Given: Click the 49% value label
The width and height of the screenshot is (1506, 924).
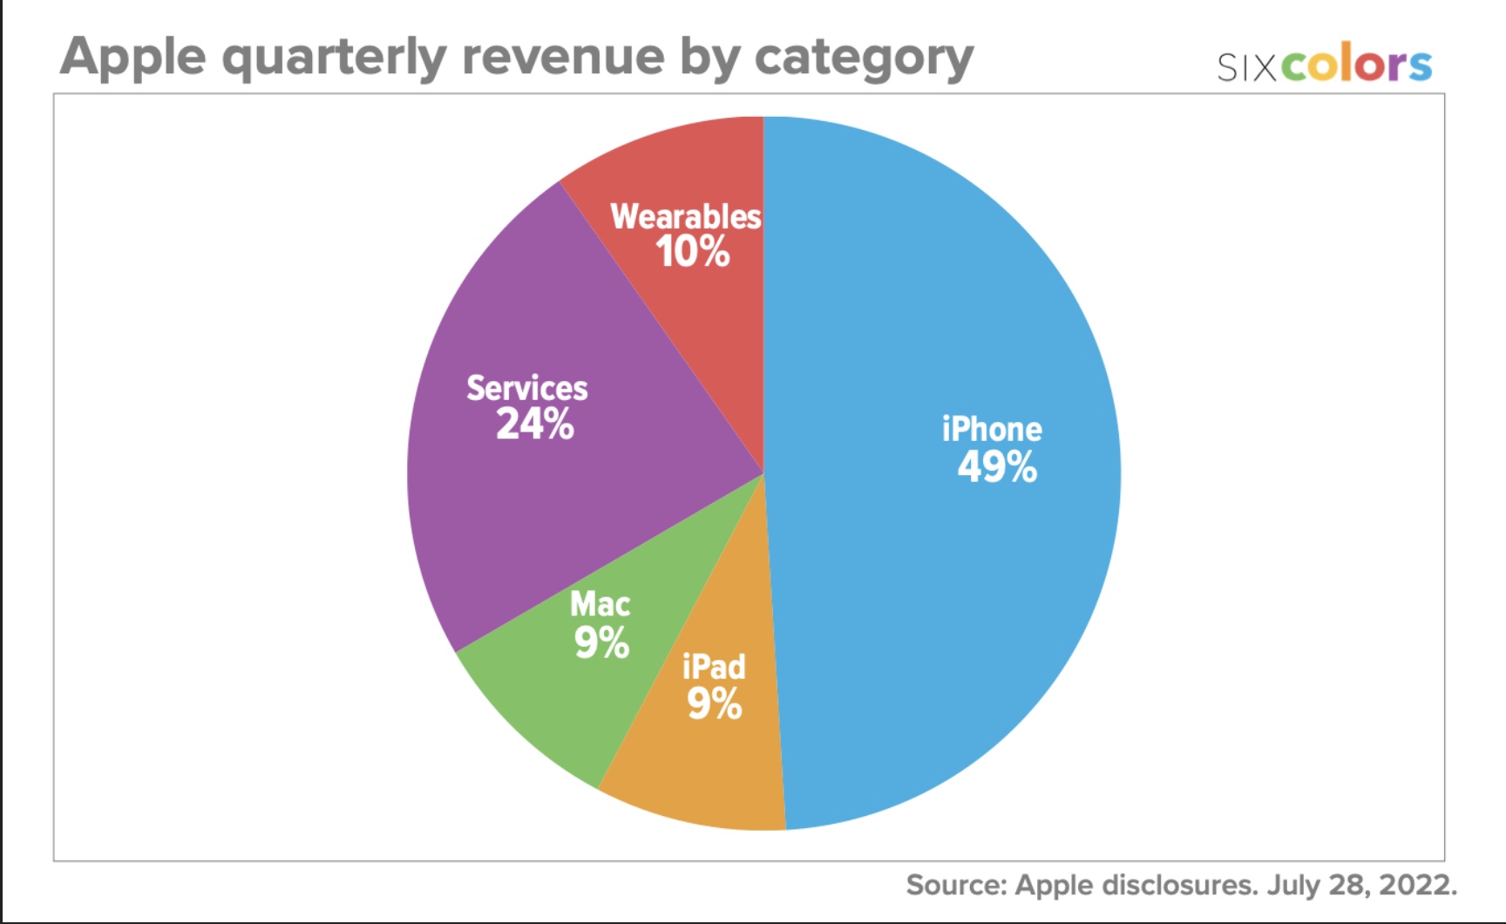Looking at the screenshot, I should pyautogui.click(x=997, y=467).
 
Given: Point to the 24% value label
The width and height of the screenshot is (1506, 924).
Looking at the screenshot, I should pyautogui.click(x=534, y=425).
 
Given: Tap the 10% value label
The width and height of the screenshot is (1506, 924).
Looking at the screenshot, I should pyautogui.click(x=693, y=252).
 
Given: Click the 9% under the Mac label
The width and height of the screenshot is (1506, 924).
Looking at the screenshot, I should pyautogui.click(x=601, y=643).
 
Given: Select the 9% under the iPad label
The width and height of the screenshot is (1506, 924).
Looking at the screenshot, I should pyautogui.click(x=714, y=703).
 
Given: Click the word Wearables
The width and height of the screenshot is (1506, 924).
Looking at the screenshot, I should pyautogui.click(x=686, y=216).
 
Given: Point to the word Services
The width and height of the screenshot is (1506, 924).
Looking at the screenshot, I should pyautogui.click(x=527, y=388).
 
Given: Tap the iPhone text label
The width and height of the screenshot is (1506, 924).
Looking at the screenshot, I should pyautogui.click(x=992, y=429).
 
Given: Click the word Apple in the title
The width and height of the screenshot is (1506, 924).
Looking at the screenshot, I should pyautogui.click(x=133, y=58).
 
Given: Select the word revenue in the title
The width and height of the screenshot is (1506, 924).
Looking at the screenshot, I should pyautogui.click(x=563, y=58).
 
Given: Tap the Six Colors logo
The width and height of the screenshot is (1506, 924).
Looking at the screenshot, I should pyautogui.click(x=1324, y=65).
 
